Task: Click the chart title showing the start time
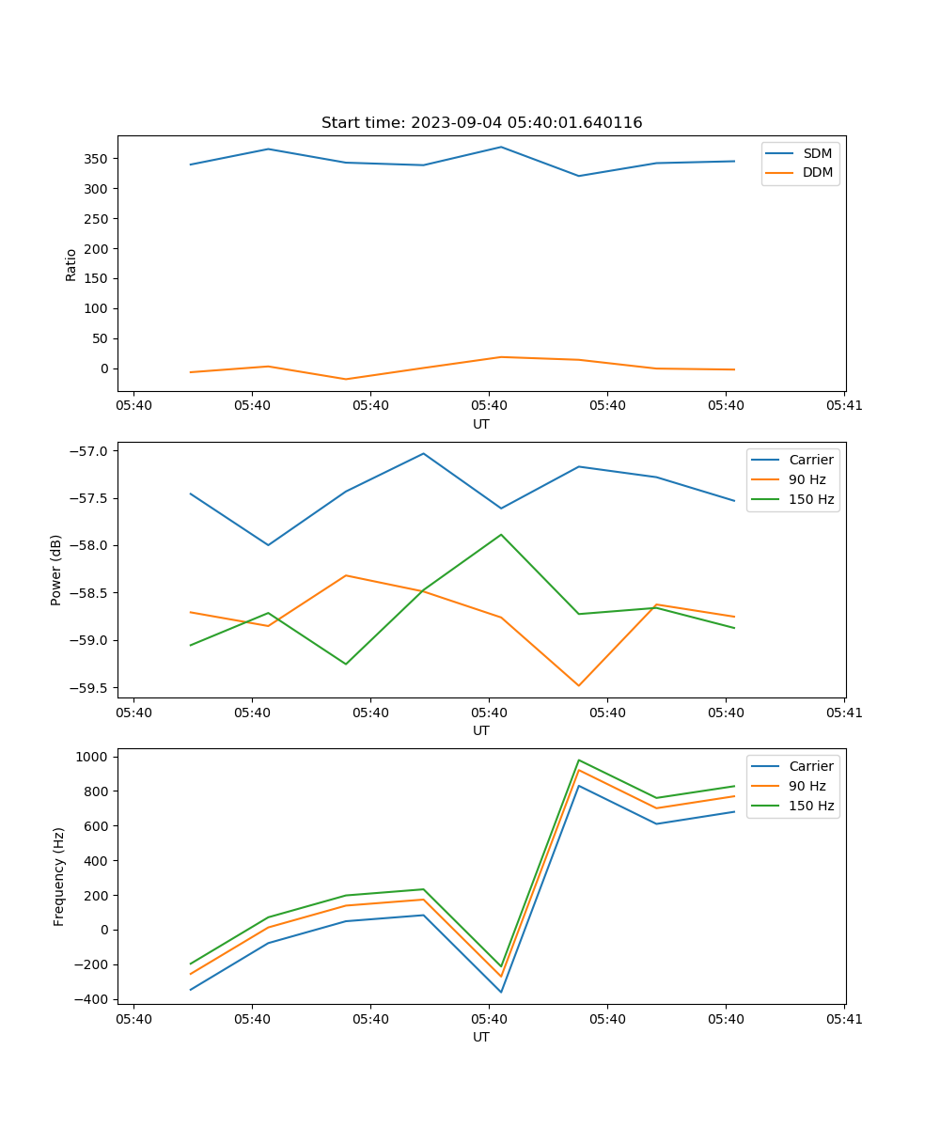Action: click(481, 123)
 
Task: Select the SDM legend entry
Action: click(817, 153)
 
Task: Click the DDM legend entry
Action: click(817, 172)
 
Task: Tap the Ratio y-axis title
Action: click(71, 264)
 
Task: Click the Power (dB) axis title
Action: click(57, 570)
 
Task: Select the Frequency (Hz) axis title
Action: click(59, 876)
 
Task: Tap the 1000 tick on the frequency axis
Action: click(94, 757)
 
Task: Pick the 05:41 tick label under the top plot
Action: click(844, 406)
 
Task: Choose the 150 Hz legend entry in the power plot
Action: click(811, 499)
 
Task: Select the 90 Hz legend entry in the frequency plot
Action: click(807, 786)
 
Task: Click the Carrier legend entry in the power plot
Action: click(810, 460)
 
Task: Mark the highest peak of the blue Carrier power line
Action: click(423, 453)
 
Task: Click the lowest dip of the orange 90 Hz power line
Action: click(578, 685)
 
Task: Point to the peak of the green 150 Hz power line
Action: click(501, 534)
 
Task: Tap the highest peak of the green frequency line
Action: click(578, 760)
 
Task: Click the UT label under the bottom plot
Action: click(481, 1037)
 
